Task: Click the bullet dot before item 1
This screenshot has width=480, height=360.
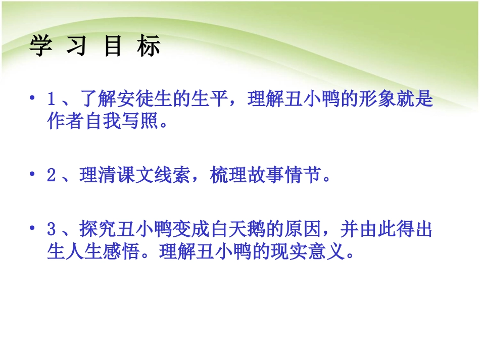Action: [33, 97]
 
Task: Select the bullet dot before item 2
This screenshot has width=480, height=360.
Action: [33, 175]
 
